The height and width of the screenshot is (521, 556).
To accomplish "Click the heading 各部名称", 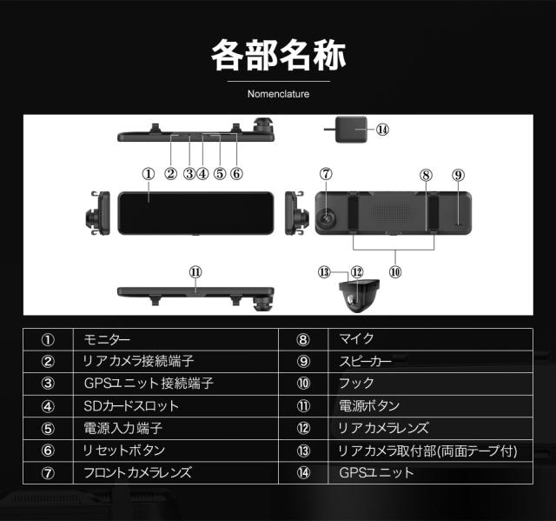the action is [278, 56].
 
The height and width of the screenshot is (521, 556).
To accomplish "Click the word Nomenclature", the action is [278, 94].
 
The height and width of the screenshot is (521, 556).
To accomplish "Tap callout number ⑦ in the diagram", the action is [326, 174].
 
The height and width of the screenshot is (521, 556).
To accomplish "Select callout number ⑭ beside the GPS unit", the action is [382, 130].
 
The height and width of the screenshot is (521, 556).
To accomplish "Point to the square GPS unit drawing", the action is [351, 130].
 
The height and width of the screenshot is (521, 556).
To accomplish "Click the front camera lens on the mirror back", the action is [327, 217].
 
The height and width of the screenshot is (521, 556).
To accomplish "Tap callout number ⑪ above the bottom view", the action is [195, 272].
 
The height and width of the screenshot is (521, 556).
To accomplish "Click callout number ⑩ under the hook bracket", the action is [395, 272].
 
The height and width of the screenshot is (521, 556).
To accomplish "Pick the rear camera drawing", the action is [359, 296].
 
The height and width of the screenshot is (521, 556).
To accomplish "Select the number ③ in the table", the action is [48, 384].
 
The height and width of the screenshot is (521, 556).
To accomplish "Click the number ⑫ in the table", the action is [303, 429].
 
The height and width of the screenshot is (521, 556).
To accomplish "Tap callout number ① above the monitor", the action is [149, 174].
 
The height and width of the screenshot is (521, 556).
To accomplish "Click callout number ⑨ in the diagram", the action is [458, 175].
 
